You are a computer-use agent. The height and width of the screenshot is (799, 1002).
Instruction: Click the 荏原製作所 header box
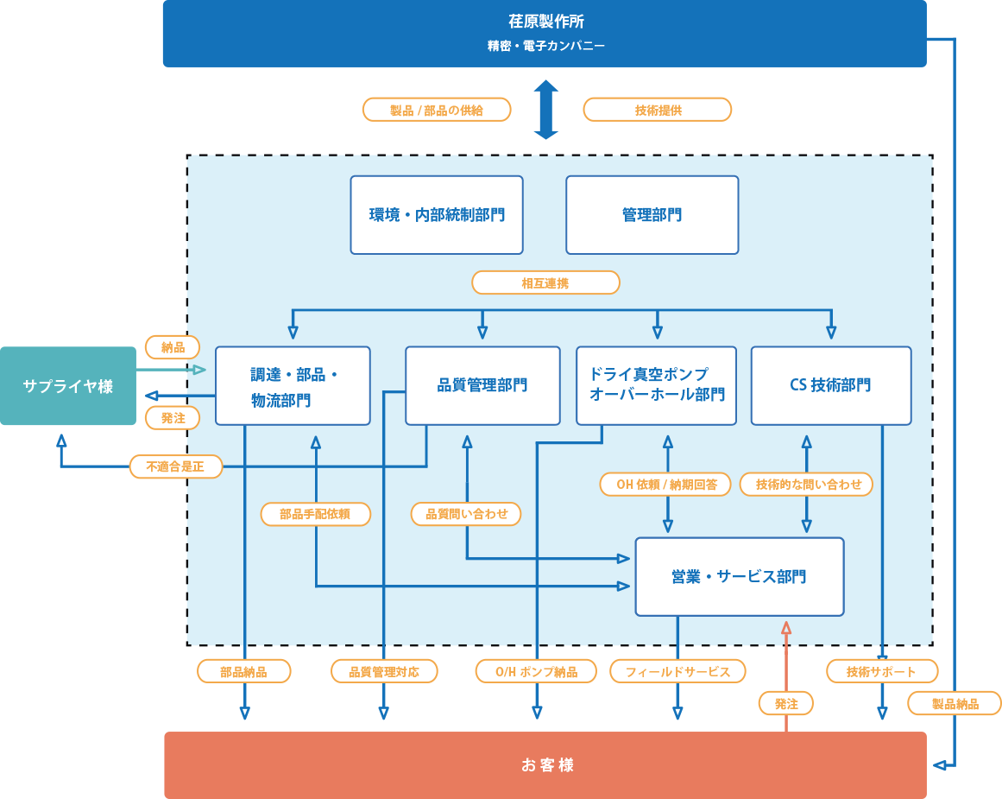tap(545, 33)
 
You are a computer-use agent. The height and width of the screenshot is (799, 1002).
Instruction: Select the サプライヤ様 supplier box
tap(68, 386)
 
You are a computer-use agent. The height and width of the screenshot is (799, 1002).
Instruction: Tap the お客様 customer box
tap(545, 765)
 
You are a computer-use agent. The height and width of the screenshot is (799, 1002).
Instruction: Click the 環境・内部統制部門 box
tap(437, 215)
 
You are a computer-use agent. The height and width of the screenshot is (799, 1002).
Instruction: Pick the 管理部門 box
tap(652, 215)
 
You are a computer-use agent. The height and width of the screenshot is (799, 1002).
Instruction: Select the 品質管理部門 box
tap(482, 385)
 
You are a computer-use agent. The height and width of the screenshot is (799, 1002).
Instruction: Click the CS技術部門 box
tap(830, 385)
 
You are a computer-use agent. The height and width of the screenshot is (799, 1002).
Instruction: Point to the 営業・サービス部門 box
tap(739, 576)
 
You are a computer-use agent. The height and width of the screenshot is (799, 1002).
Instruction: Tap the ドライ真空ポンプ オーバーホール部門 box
tap(656, 385)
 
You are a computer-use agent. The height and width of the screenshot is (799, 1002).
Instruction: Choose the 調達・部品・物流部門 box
tap(293, 386)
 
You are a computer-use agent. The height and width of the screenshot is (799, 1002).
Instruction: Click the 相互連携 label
tap(545, 282)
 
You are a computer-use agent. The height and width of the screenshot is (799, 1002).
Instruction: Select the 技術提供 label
tap(658, 110)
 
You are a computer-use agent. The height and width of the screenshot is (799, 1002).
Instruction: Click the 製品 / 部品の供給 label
tap(437, 110)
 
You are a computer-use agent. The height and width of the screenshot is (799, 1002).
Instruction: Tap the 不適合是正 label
tap(176, 466)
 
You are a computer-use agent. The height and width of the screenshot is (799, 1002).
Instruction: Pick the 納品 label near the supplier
tap(173, 347)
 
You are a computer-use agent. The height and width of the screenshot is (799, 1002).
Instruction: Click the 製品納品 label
tap(955, 703)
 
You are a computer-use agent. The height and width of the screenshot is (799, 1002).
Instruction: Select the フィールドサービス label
tap(677, 671)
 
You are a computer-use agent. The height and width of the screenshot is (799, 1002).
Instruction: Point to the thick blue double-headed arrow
tap(545, 110)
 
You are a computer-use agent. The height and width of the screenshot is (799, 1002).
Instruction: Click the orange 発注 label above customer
tap(786, 703)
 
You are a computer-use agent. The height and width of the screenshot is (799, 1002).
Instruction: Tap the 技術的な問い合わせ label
tap(807, 484)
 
